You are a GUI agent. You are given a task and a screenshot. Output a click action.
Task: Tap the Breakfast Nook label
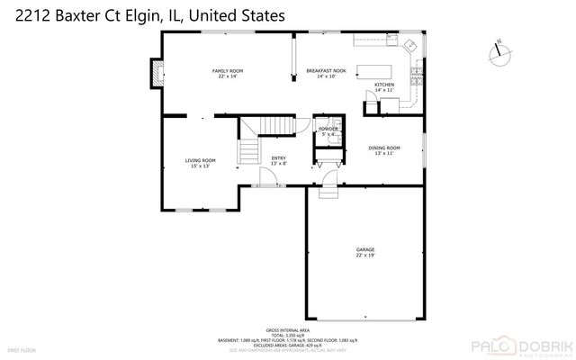(x=319, y=73)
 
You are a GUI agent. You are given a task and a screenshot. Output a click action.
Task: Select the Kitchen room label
(x=384, y=88)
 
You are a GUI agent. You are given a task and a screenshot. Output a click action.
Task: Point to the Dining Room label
(x=382, y=150)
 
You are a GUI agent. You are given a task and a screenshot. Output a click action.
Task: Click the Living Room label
(x=201, y=163)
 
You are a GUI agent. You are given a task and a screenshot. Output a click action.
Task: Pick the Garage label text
(x=364, y=252)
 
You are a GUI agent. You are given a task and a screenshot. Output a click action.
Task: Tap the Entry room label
(x=279, y=161)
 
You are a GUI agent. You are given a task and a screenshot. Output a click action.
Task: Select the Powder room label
(x=328, y=131)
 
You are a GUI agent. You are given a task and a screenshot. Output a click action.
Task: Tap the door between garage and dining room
(x=329, y=188)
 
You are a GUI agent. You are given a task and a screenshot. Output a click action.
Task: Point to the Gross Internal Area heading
(x=288, y=330)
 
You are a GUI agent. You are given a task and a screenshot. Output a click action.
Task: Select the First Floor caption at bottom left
(x=20, y=348)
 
